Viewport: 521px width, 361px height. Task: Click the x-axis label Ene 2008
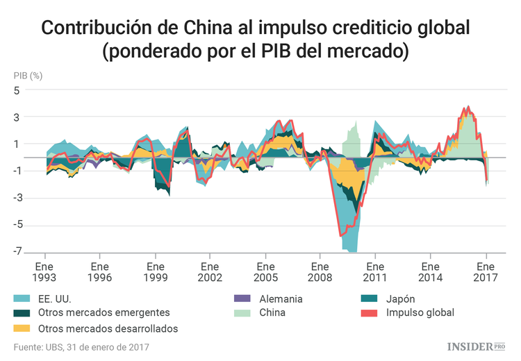320,271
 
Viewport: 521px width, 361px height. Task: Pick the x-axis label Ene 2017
486,271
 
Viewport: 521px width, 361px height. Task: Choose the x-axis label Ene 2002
210,271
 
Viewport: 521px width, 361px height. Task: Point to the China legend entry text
271,313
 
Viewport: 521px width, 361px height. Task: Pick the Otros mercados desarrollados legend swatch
22,328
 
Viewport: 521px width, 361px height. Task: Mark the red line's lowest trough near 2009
341,236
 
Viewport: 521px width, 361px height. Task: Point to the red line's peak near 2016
468,107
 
